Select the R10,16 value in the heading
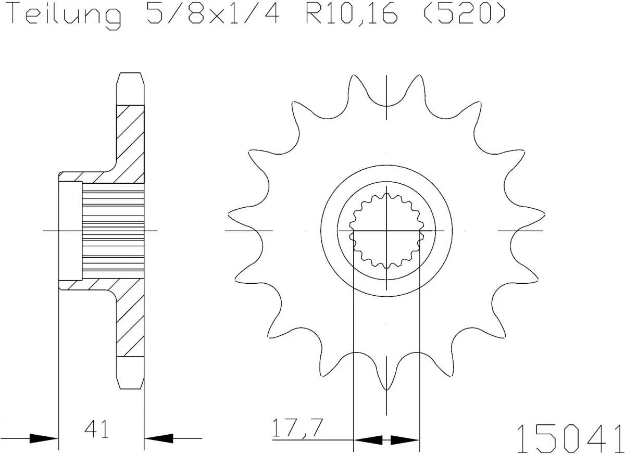pyautogui.click(x=348, y=14)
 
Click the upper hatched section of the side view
pyautogui.click(x=129, y=141)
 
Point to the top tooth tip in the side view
pyautogui.click(x=130, y=83)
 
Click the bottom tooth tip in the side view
pyautogui.click(x=130, y=377)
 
